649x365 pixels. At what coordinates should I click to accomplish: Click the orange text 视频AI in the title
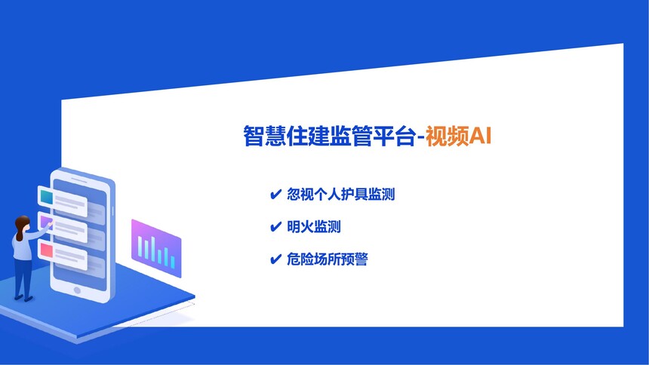tap(458, 136)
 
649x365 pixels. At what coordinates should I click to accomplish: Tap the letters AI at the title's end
tap(480, 136)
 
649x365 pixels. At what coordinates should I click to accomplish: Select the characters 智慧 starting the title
tap(264, 136)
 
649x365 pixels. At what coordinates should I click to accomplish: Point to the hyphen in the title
tap(420, 137)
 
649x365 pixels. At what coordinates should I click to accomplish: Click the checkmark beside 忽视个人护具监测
tap(275, 194)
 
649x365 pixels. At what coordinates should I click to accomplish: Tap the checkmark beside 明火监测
tap(275, 227)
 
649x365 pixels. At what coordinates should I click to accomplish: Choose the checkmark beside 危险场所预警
tap(275, 259)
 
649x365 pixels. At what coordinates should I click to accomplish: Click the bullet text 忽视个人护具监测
tap(340, 194)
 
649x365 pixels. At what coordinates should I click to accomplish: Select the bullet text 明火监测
tap(314, 227)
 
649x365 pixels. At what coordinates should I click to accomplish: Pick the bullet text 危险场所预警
tap(327, 259)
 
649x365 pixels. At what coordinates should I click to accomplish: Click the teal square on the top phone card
tap(46, 197)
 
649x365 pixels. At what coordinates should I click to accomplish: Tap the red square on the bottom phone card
tap(46, 250)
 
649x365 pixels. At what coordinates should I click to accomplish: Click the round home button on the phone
tap(77, 290)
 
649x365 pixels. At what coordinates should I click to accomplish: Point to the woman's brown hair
tap(20, 227)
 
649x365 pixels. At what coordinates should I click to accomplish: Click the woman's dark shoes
tap(23, 298)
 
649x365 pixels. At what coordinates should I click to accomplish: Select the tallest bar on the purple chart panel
tap(153, 250)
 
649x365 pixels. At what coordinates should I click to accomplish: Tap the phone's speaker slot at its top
tap(79, 179)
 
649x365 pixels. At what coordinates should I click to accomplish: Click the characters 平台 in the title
tap(394, 136)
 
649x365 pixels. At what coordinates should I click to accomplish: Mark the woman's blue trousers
tap(23, 278)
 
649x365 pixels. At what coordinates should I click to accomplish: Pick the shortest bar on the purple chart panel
tap(173, 262)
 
